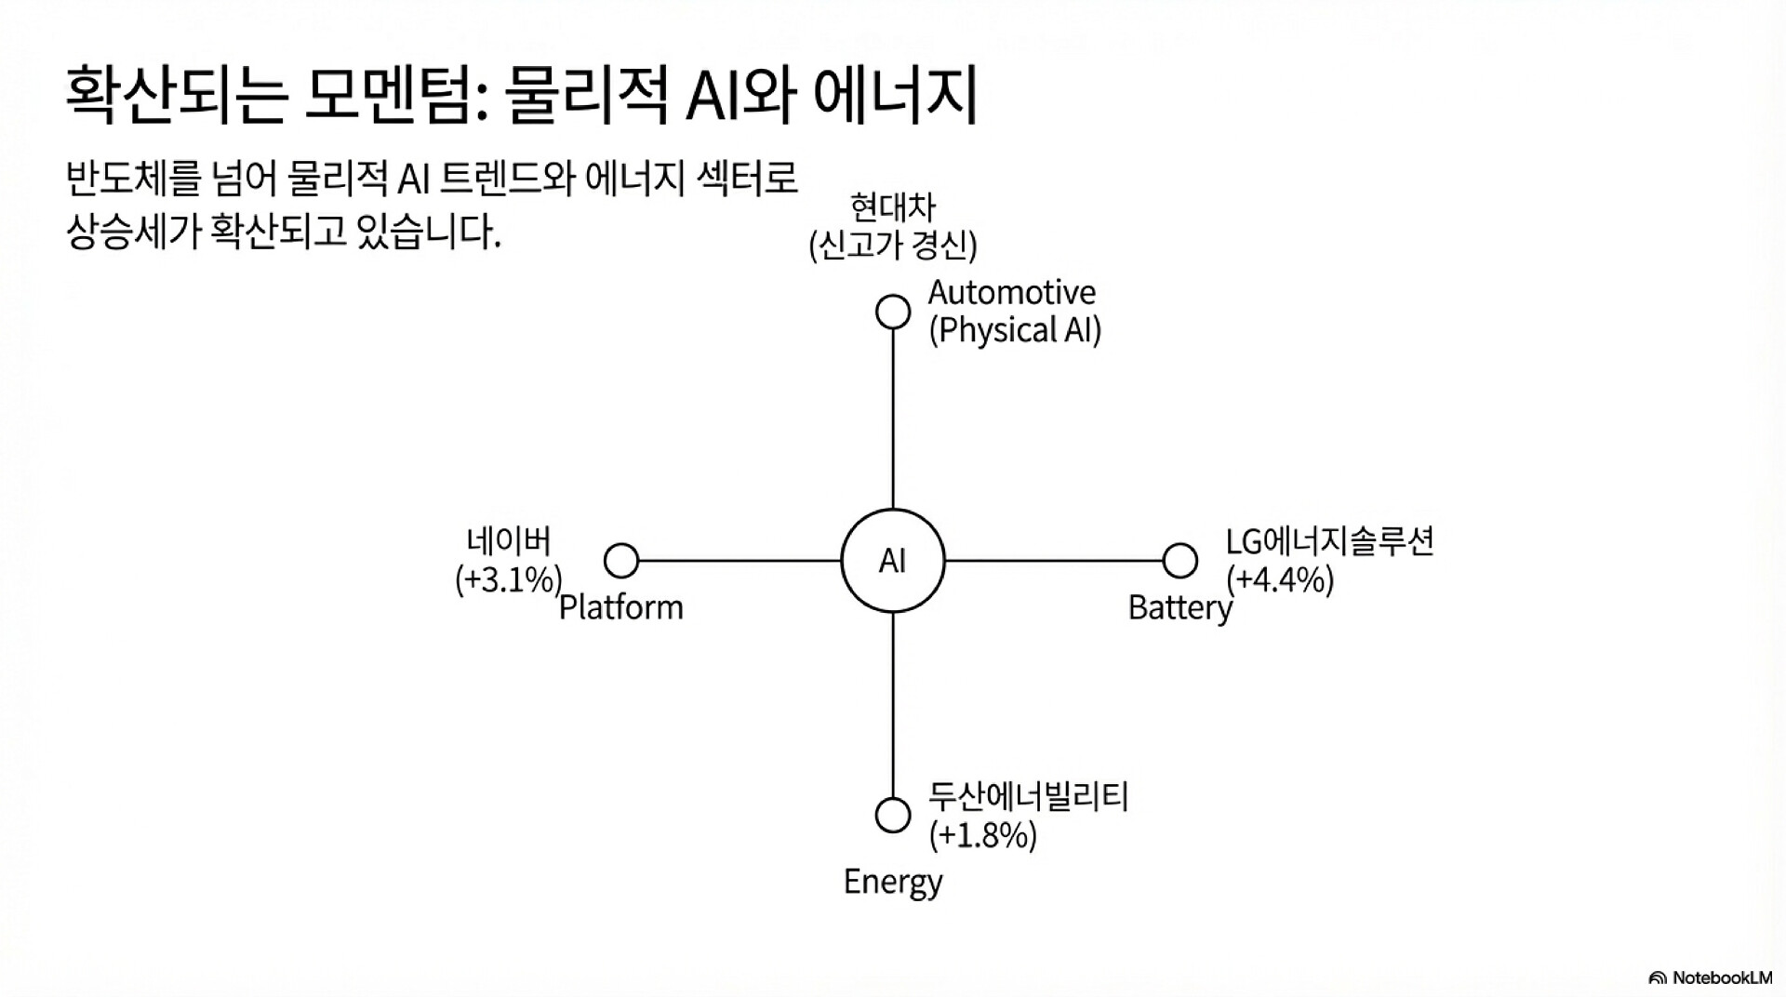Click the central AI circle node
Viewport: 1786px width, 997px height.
pos(892,561)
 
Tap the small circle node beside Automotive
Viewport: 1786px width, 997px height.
pos(893,312)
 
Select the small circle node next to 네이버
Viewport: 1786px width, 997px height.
pos(621,561)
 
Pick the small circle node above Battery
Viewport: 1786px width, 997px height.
pos(1180,561)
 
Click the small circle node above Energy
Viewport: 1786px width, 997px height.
pos(893,815)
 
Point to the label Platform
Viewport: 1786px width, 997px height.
pos(621,607)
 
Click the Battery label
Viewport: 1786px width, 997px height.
pos(1180,608)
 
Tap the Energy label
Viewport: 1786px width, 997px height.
pos(893,881)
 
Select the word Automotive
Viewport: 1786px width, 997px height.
pos(1012,292)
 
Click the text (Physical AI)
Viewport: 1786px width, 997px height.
pos(1015,330)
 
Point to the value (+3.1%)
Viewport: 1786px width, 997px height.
pos(509,579)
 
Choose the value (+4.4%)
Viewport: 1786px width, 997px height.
pos(1280,579)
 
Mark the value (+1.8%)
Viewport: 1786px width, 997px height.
pos(982,835)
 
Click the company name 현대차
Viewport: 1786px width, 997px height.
pos(893,206)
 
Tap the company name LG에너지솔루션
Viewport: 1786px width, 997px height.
pos(1330,541)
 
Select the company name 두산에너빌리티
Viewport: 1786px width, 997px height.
pos(1028,797)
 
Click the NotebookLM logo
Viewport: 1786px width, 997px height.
pos(1710,977)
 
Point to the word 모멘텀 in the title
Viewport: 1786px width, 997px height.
pos(386,96)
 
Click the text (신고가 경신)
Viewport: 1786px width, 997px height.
pos(893,246)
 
